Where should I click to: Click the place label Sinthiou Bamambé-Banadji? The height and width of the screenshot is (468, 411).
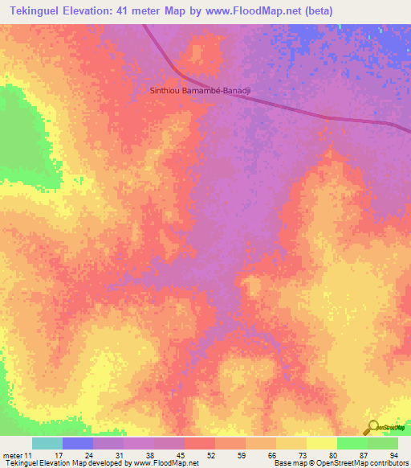[x=201, y=92]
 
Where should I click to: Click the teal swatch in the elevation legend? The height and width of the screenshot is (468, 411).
[x=47, y=443]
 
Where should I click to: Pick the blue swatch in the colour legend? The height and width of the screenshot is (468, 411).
[x=78, y=443]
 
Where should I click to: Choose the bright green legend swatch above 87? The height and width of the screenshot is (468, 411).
[x=352, y=443]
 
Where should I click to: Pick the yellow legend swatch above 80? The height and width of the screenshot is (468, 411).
[x=322, y=443]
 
